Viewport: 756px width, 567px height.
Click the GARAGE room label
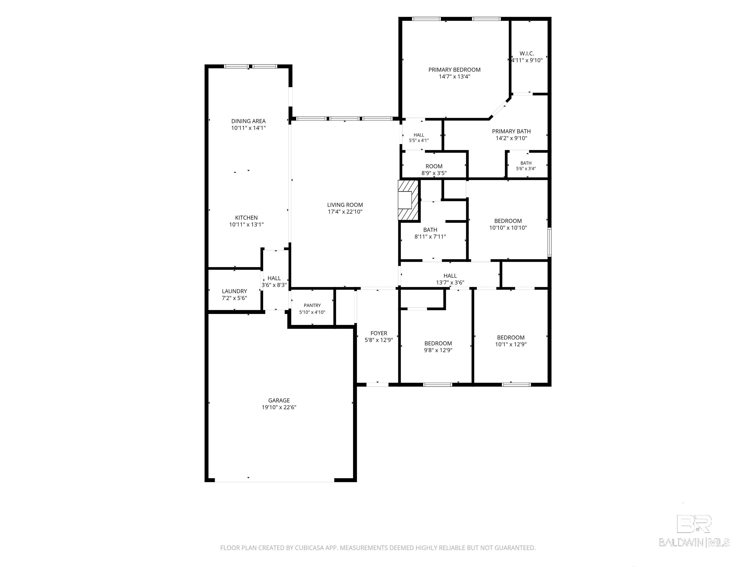click(x=279, y=400)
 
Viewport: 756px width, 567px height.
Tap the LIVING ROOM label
click(x=345, y=205)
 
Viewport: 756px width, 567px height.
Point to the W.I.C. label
click(x=527, y=53)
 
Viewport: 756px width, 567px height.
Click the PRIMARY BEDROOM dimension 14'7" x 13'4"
click(x=455, y=77)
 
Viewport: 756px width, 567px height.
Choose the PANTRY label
click(x=312, y=305)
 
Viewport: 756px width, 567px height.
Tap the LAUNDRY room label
click(x=235, y=291)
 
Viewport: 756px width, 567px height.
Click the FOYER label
click(x=379, y=333)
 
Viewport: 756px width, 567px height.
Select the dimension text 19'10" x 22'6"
click(x=279, y=407)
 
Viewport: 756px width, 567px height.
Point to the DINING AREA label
click(x=249, y=121)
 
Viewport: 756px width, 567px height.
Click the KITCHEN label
click(x=246, y=218)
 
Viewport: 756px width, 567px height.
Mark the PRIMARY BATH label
click(x=511, y=131)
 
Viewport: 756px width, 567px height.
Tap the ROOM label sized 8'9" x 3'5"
click(x=434, y=166)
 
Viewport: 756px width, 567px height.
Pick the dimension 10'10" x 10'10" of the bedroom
click(x=508, y=228)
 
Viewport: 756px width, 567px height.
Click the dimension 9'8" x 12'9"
click(x=438, y=350)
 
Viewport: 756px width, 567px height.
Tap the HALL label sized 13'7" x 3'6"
click(x=450, y=275)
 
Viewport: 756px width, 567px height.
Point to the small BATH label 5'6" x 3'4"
click(x=526, y=163)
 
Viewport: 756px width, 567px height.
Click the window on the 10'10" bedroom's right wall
click(x=550, y=242)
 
